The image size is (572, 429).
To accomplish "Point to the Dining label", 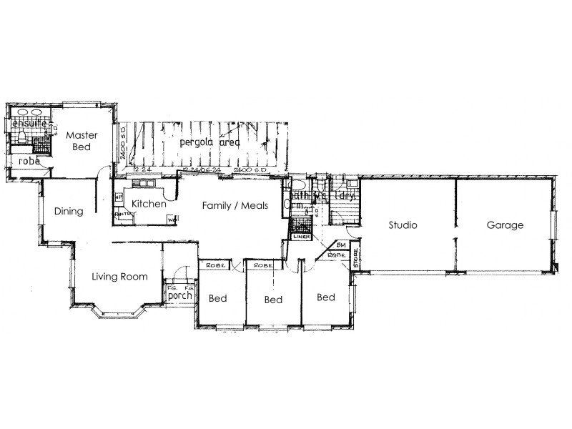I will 69,211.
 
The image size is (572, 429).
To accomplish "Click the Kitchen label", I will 148,204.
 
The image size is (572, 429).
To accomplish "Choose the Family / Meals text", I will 235,205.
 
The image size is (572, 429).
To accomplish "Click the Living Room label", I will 119,277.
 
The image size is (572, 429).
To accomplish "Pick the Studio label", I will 403,225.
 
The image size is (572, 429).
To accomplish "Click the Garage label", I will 506,225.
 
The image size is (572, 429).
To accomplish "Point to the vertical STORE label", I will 355,261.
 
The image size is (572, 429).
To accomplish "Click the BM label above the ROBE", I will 340,246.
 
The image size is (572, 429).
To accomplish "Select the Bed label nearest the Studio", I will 325,297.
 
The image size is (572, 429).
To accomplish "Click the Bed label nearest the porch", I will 218,299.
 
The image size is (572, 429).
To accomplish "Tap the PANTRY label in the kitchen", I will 123,213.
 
